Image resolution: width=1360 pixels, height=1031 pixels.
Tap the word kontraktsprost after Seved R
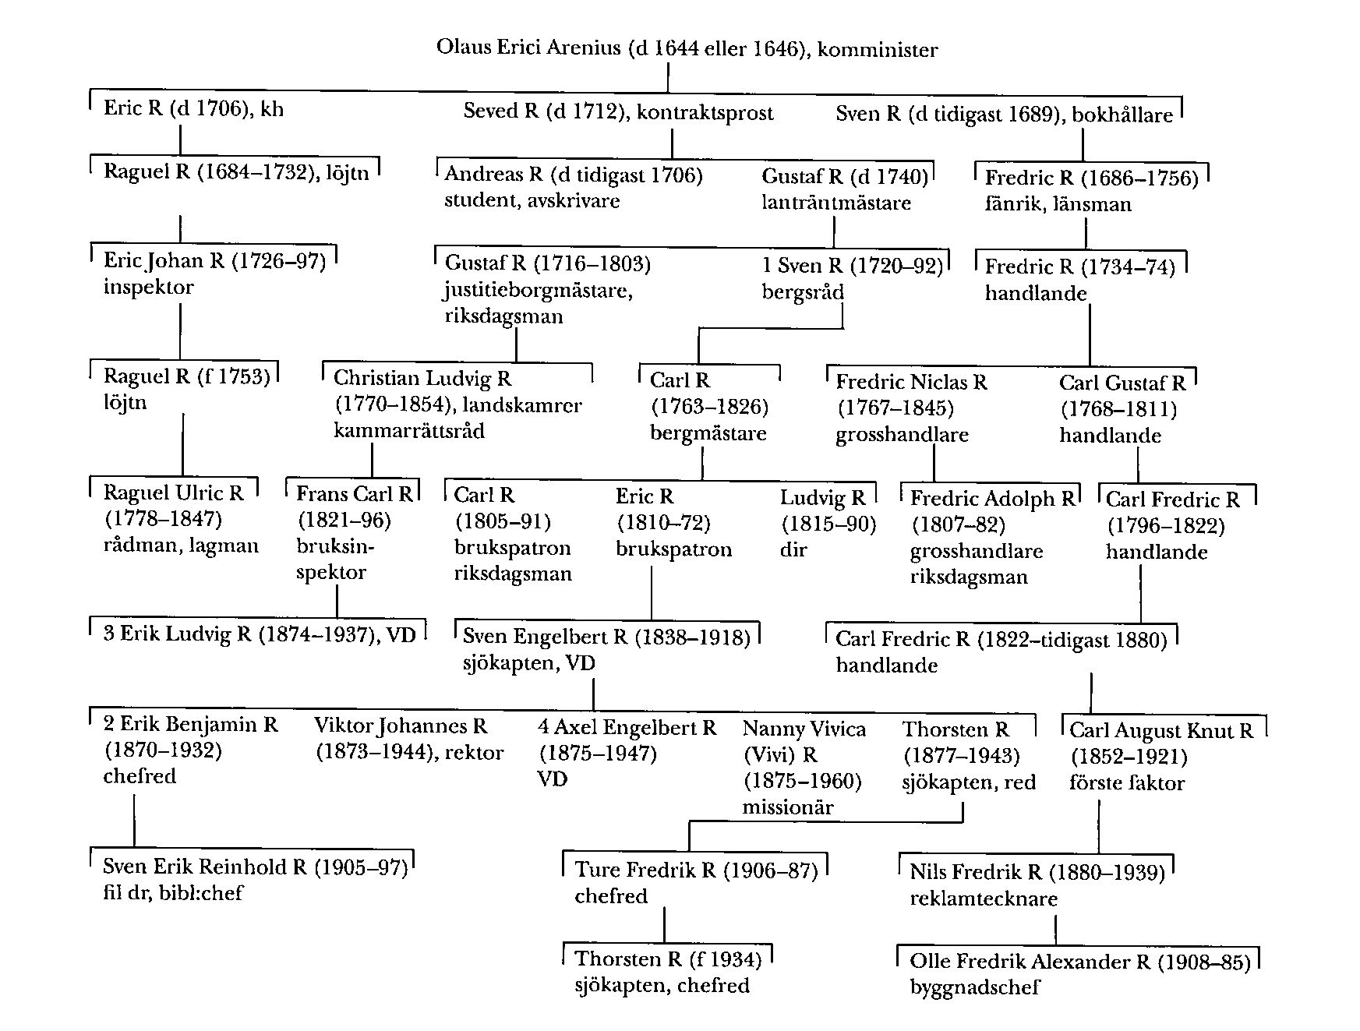pyautogui.click(x=705, y=113)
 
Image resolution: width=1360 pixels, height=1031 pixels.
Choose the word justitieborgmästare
pyautogui.click(x=538, y=291)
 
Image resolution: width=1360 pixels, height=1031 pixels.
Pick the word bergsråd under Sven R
pyautogui.click(x=802, y=292)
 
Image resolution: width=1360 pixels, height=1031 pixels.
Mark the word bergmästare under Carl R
pyautogui.click(x=708, y=433)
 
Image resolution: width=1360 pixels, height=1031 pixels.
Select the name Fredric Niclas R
pyautogui.click(x=911, y=383)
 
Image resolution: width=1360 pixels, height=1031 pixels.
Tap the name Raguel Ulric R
pyautogui.click(x=173, y=493)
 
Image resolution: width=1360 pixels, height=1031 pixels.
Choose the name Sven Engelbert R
pyautogui.click(x=545, y=637)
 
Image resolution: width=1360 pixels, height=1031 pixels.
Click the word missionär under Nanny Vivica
pyautogui.click(x=787, y=807)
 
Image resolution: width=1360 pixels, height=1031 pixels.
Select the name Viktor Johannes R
pyautogui.click(x=401, y=726)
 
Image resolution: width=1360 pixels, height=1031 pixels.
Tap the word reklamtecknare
pyautogui.click(x=983, y=899)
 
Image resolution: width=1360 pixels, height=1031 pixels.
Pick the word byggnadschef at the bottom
pyautogui.click(x=974, y=987)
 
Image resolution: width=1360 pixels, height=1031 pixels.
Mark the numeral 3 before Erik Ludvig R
pyautogui.click(x=108, y=633)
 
